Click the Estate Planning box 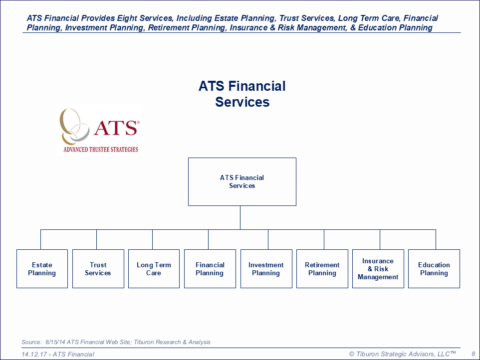[x=42, y=269]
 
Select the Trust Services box [x=98, y=269]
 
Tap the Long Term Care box [x=154, y=269]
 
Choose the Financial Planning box [x=210, y=269]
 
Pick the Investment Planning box [x=266, y=269]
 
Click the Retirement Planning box [x=322, y=269]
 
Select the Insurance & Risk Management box [x=378, y=269]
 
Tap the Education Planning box [x=434, y=269]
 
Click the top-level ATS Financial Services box [x=242, y=181]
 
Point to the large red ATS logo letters [x=115, y=128]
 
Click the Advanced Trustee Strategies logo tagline [x=101, y=149]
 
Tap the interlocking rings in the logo [x=74, y=126]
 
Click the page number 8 [x=474, y=354]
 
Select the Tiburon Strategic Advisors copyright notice [x=402, y=354]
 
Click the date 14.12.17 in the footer [x=34, y=354]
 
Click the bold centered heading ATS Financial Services [x=242, y=94]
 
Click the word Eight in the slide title [x=127, y=18]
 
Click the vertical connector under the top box [x=240, y=217]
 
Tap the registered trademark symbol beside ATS [x=138, y=122]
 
